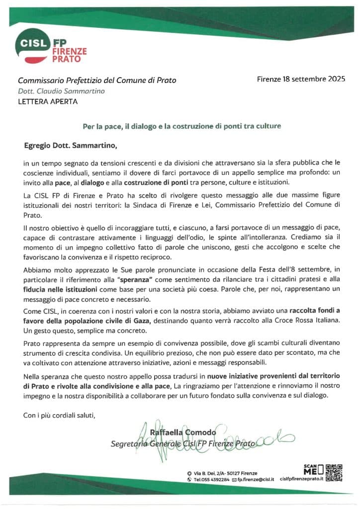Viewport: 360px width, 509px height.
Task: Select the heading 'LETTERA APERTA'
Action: [x=48, y=102]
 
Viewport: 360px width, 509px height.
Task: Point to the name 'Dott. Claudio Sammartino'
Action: [x=61, y=91]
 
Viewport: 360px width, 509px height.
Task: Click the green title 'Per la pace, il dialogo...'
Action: [x=181, y=126]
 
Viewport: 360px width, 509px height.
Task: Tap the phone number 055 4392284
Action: [x=215, y=479]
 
